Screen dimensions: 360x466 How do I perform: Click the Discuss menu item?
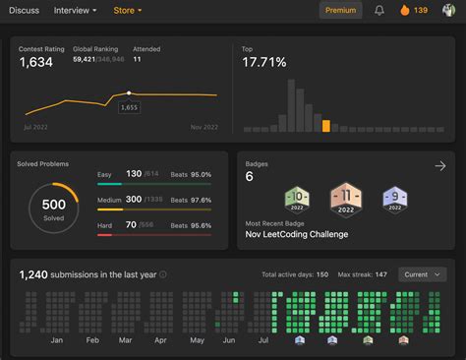click(x=25, y=11)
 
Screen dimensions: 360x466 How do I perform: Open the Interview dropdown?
click(x=75, y=11)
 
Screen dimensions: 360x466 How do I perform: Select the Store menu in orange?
click(x=127, y=11)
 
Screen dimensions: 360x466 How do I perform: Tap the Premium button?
click(x=340, y=11)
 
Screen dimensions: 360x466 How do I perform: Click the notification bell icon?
click(x=379, y=11)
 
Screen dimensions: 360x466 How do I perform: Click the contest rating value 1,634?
click(x=37, y=63)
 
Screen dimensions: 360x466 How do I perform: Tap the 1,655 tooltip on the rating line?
click(x=129, y=106)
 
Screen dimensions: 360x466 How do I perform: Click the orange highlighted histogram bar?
click(x=326, y=125)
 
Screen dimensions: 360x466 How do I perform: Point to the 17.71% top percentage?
click(x=264, y=62)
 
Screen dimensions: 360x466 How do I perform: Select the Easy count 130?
click(x=133, y=174)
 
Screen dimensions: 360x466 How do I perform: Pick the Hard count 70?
click(x=131, y=225)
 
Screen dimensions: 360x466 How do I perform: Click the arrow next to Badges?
click(x=439, y=166)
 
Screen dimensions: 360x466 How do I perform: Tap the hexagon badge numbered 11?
click(x=346, y=199)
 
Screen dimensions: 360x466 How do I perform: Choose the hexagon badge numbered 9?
click(x=393, y=200)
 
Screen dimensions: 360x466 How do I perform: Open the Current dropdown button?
click(x=422, y=274)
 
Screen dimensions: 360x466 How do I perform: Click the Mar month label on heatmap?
click(x=125, y=339)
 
